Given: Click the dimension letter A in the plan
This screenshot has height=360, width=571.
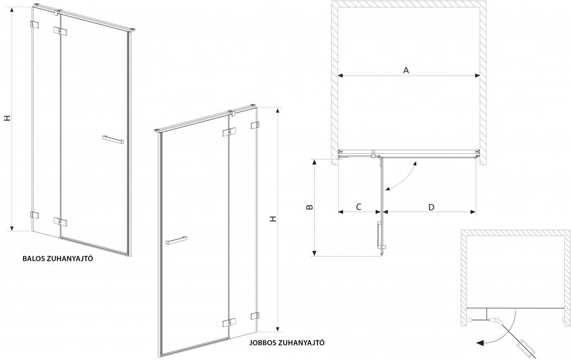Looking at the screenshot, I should click(406, 70).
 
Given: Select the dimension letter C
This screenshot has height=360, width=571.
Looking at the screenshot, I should click(359, 206).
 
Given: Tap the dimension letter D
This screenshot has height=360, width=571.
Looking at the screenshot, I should click(431, 206).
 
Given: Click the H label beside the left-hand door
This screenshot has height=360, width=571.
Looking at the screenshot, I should click(7, 118).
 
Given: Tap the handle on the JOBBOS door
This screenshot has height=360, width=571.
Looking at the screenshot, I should click(176, 239).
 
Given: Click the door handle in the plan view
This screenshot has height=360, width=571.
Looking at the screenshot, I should click(378, 234).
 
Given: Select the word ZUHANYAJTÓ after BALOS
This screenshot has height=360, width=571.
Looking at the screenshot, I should click(74, 258).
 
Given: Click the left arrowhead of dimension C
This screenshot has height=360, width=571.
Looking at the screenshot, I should click(340, 212).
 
